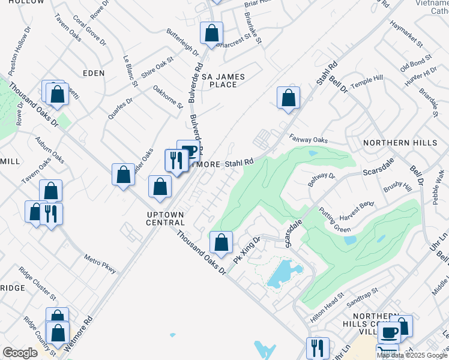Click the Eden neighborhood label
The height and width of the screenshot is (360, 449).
[x=94, y=73]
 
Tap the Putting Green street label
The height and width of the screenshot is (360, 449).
[x=339, y=225]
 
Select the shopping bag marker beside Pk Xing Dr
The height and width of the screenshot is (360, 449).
[x=221, y=242]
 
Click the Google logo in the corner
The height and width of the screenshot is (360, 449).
[x=20, y=353]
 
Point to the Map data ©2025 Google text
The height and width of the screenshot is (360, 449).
[x=412, y=355]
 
